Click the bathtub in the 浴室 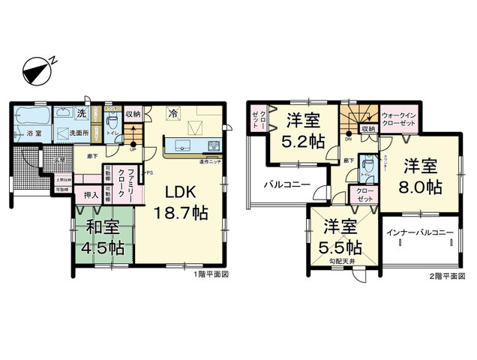[33, 117]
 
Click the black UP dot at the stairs [133, 144]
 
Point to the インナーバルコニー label [419, 233]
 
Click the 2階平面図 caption [445, 275]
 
